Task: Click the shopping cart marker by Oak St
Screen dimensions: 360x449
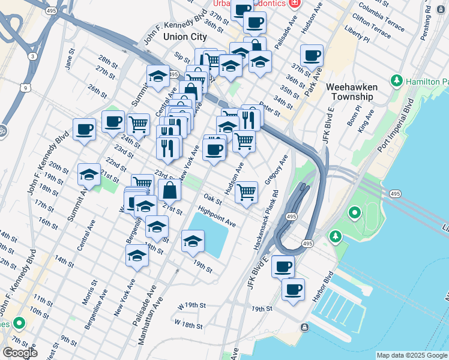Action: click(247, 193)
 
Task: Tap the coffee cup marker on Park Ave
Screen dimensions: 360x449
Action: click(312, 56)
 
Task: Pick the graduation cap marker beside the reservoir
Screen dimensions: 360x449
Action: click(193, 241)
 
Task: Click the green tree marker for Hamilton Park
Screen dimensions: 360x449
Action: click(397, 80)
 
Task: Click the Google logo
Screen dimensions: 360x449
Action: click(20, 353)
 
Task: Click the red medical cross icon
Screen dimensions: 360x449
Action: click(294, 4)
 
